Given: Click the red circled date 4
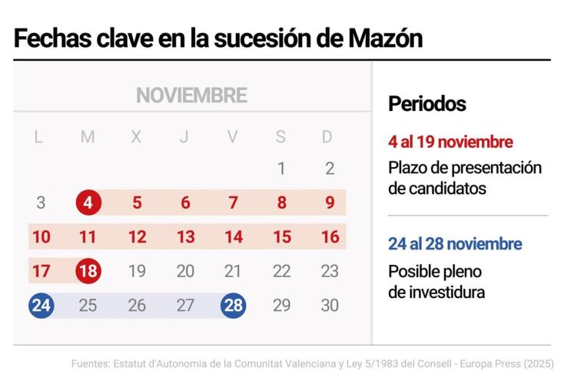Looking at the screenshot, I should (x=88, y=203).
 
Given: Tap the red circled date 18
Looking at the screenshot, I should (x=88, y=271).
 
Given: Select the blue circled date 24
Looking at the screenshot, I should (x=41, y=305).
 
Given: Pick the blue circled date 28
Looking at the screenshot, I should (x=233, y=305).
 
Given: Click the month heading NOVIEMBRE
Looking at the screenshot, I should (x=191, y=95).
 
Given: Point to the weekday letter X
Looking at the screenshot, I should (x=136, y=137).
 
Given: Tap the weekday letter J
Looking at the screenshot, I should (x=184, y=137).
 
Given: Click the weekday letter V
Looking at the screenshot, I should (x=233, y=137).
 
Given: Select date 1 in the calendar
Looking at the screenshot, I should (x=281, y=169).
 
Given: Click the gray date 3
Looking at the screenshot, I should (x=41, y=203).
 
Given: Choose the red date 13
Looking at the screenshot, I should (x=185, y=237).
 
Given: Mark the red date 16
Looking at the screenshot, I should (x=330, y=237).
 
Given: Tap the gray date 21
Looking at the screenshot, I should (x=233, y=271).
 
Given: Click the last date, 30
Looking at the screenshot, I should (x=330, y=305).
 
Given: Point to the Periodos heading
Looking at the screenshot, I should (x=427, y=104).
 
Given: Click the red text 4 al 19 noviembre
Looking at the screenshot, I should (x=450, y=142).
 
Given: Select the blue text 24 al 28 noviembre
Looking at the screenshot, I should (x=455, y=244).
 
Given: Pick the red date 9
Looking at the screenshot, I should (x=330, y=203).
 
